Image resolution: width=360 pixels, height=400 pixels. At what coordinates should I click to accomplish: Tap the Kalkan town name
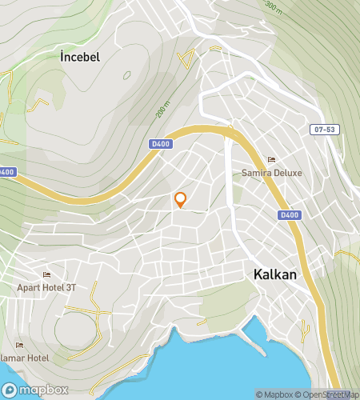click(274, 274)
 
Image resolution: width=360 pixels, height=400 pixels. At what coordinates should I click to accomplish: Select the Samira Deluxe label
click(270, 173)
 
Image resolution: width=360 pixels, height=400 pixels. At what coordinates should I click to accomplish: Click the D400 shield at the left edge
click(6, 172)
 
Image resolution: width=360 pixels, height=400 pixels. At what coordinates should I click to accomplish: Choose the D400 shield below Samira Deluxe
click(289, 215)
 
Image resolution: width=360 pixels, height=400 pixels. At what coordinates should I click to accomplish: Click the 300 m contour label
click(274, 8)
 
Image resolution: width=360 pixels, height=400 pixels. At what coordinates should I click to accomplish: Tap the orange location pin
click(181, 199)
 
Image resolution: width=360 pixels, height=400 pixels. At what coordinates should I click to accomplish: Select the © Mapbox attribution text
click(275, 394)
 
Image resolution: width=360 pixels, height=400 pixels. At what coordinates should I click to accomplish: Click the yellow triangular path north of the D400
click(186, 58)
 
